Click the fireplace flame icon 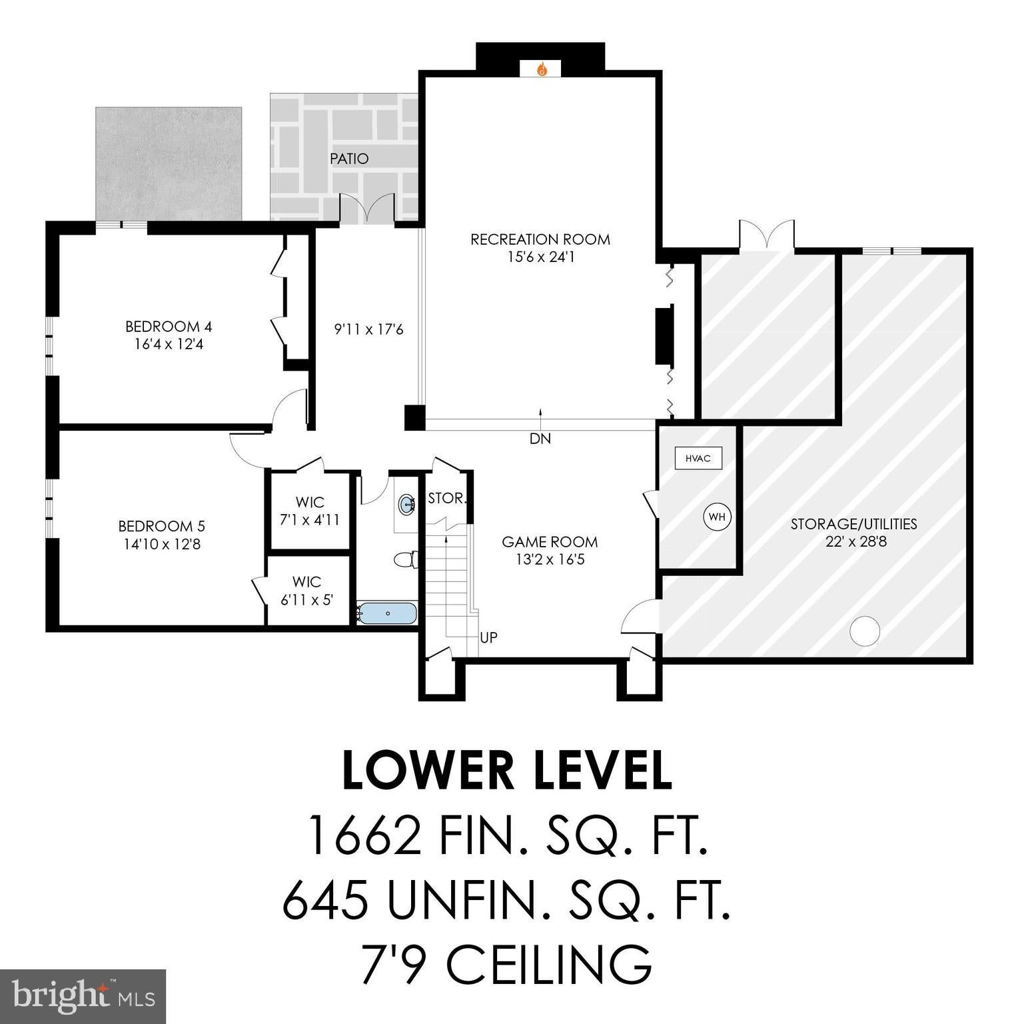pos(542,69)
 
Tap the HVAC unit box pos(698,459)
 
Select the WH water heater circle pos(717,517)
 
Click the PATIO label pos(349,159)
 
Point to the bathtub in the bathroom pos(387,613)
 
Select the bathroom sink pos(406,504)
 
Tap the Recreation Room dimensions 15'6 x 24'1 pos(540,257)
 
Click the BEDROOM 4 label pos(169,327)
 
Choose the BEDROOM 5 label pos(162,526)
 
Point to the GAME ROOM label pos(550,542)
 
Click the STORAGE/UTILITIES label pos(853,524)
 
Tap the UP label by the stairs pos(488,638)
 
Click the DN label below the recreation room pos(540,439)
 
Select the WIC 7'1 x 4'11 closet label pos(310,511)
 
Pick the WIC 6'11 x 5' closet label pos(306,591)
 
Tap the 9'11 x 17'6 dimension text pos(368,329)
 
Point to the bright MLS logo pos(83,996)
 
